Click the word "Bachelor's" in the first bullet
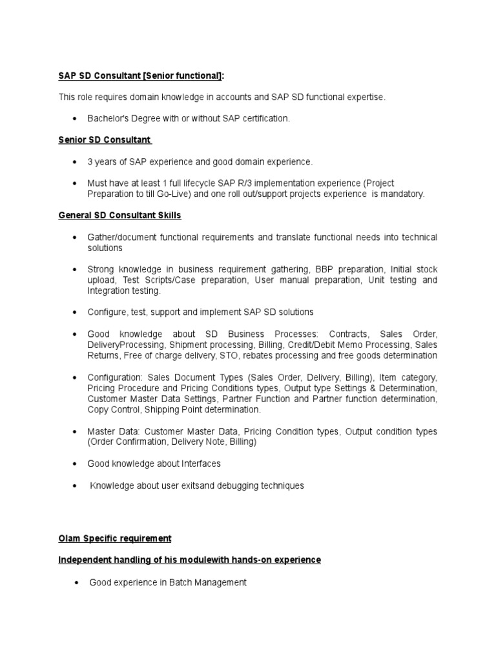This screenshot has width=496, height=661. point(108,118)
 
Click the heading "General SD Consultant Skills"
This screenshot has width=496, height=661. point(124,216)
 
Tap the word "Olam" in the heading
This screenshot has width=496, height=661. point(70,538)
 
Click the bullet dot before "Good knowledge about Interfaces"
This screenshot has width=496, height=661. point(75,464)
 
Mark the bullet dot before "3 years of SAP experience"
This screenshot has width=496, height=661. point(75,162)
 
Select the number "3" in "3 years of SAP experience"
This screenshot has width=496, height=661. point(90,161)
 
